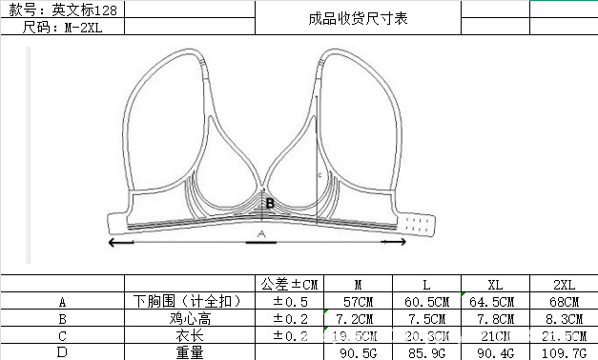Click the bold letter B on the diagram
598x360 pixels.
[x=270, y=203]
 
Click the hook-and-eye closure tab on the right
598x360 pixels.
[x=418, y=226]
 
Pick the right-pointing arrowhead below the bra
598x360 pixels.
[x=402, y=242]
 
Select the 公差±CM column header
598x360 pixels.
[x=287, y=284]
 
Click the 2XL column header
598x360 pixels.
[x=564, y=284]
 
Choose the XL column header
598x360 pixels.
[x=495, y=284]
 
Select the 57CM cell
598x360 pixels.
[x=358, y=301]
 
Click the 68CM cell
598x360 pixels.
[x=564, y=301]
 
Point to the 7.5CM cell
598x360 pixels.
[x=426, y=318]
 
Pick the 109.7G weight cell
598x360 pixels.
[x=564, y=352]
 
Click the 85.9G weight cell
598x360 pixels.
[x=426, y=352]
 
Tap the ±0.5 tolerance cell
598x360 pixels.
[x=287, y=301]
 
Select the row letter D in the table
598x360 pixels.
[x=62, y=352]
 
